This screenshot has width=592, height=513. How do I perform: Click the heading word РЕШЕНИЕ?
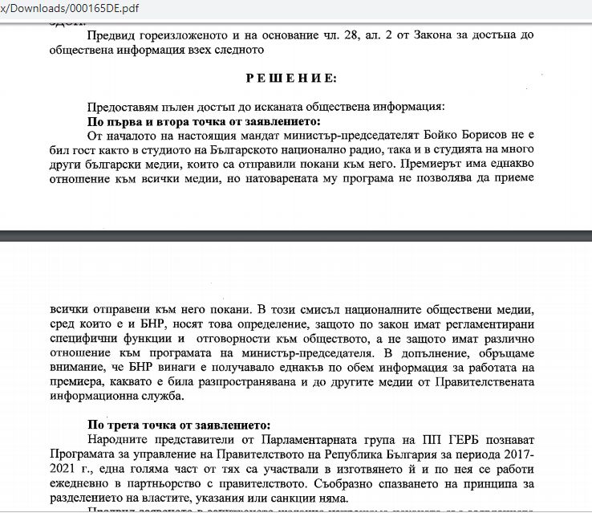[x=292, y=78]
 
